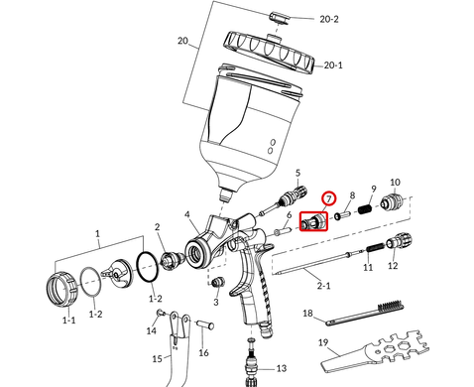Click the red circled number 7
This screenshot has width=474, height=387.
point(329,198)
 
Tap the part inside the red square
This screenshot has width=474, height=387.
point(313,221)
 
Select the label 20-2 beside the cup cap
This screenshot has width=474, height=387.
point(329,19)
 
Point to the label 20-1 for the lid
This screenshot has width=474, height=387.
point(333,65)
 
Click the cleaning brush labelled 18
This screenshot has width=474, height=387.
point(365,312)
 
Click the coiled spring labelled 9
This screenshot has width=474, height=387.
point(365,208)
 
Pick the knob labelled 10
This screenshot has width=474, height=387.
point(392,201)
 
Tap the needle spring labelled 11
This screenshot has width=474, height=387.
point(376,247)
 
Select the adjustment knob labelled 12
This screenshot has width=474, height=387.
point(399,241)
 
